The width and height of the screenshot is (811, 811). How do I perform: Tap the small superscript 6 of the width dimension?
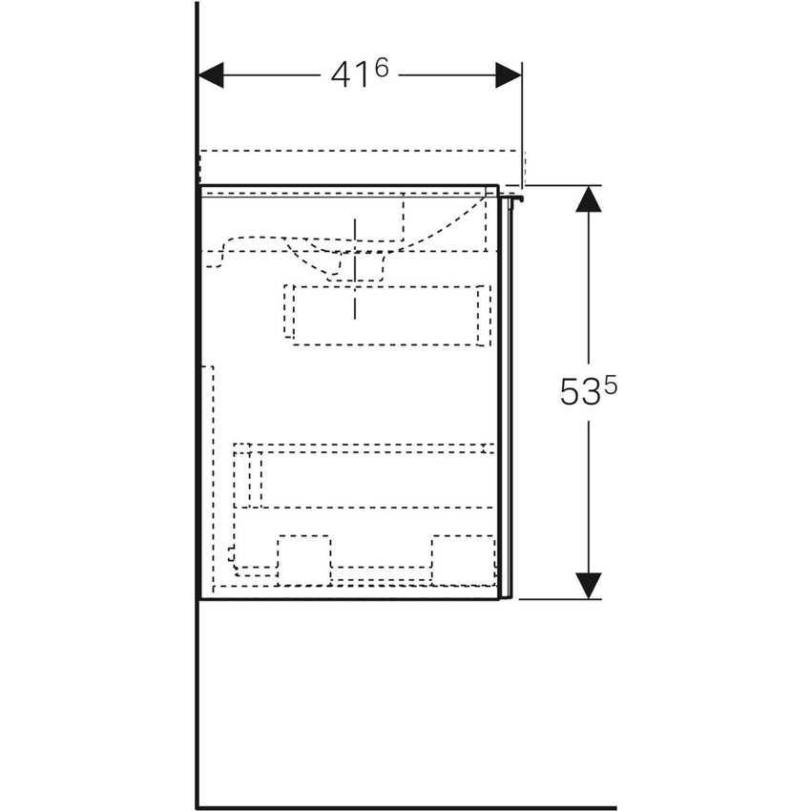pyautogui.click(x=381, y=68)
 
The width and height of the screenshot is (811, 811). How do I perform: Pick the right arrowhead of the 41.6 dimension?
pyautogui.click(x=509, y=75)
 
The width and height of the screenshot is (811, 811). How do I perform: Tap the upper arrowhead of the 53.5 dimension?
pyautogui.click(x=589, y=198)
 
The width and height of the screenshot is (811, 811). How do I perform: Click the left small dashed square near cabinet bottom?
pyautogui.click(x=303, y=558)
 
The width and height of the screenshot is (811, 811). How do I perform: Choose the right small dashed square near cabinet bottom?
pyautogui.click(x=463, y=558)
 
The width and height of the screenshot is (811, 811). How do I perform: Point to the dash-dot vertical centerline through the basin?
pyautogui.click(x=354, y=267)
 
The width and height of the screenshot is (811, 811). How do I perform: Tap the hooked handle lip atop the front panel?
pyautogui.click(x=517, y=198)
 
